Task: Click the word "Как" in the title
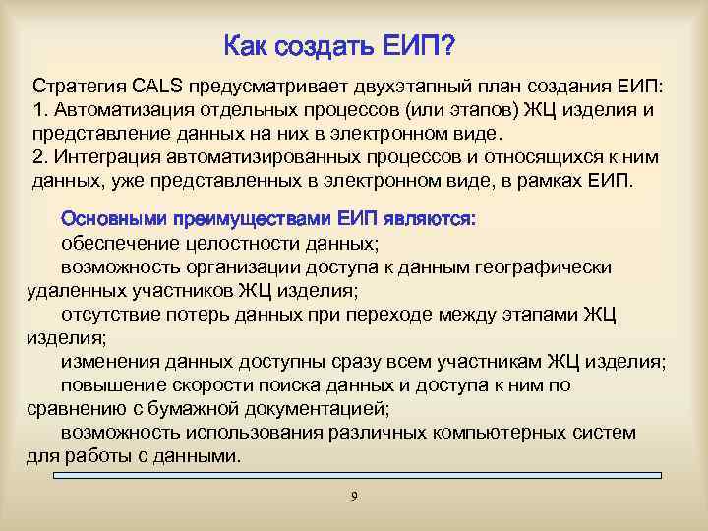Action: (x=247, y=46)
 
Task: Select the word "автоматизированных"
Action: (x=239, y=157)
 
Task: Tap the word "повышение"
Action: (x=108, y=385)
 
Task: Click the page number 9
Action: (x=354, y=495)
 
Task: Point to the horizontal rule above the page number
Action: (x=354, y=476)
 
